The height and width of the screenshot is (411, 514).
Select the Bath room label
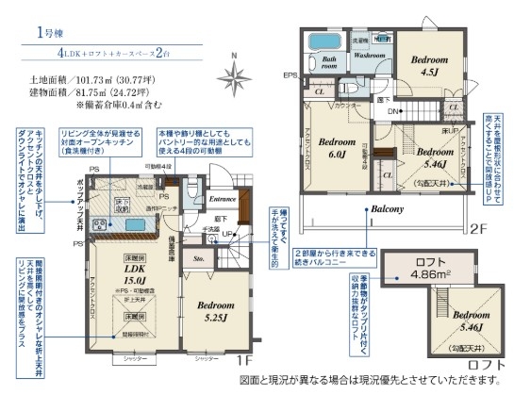[329, 64]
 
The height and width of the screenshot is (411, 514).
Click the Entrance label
[223, 199]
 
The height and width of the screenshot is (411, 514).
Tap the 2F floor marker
[477, 227]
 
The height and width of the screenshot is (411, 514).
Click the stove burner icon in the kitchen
[97, 222]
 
